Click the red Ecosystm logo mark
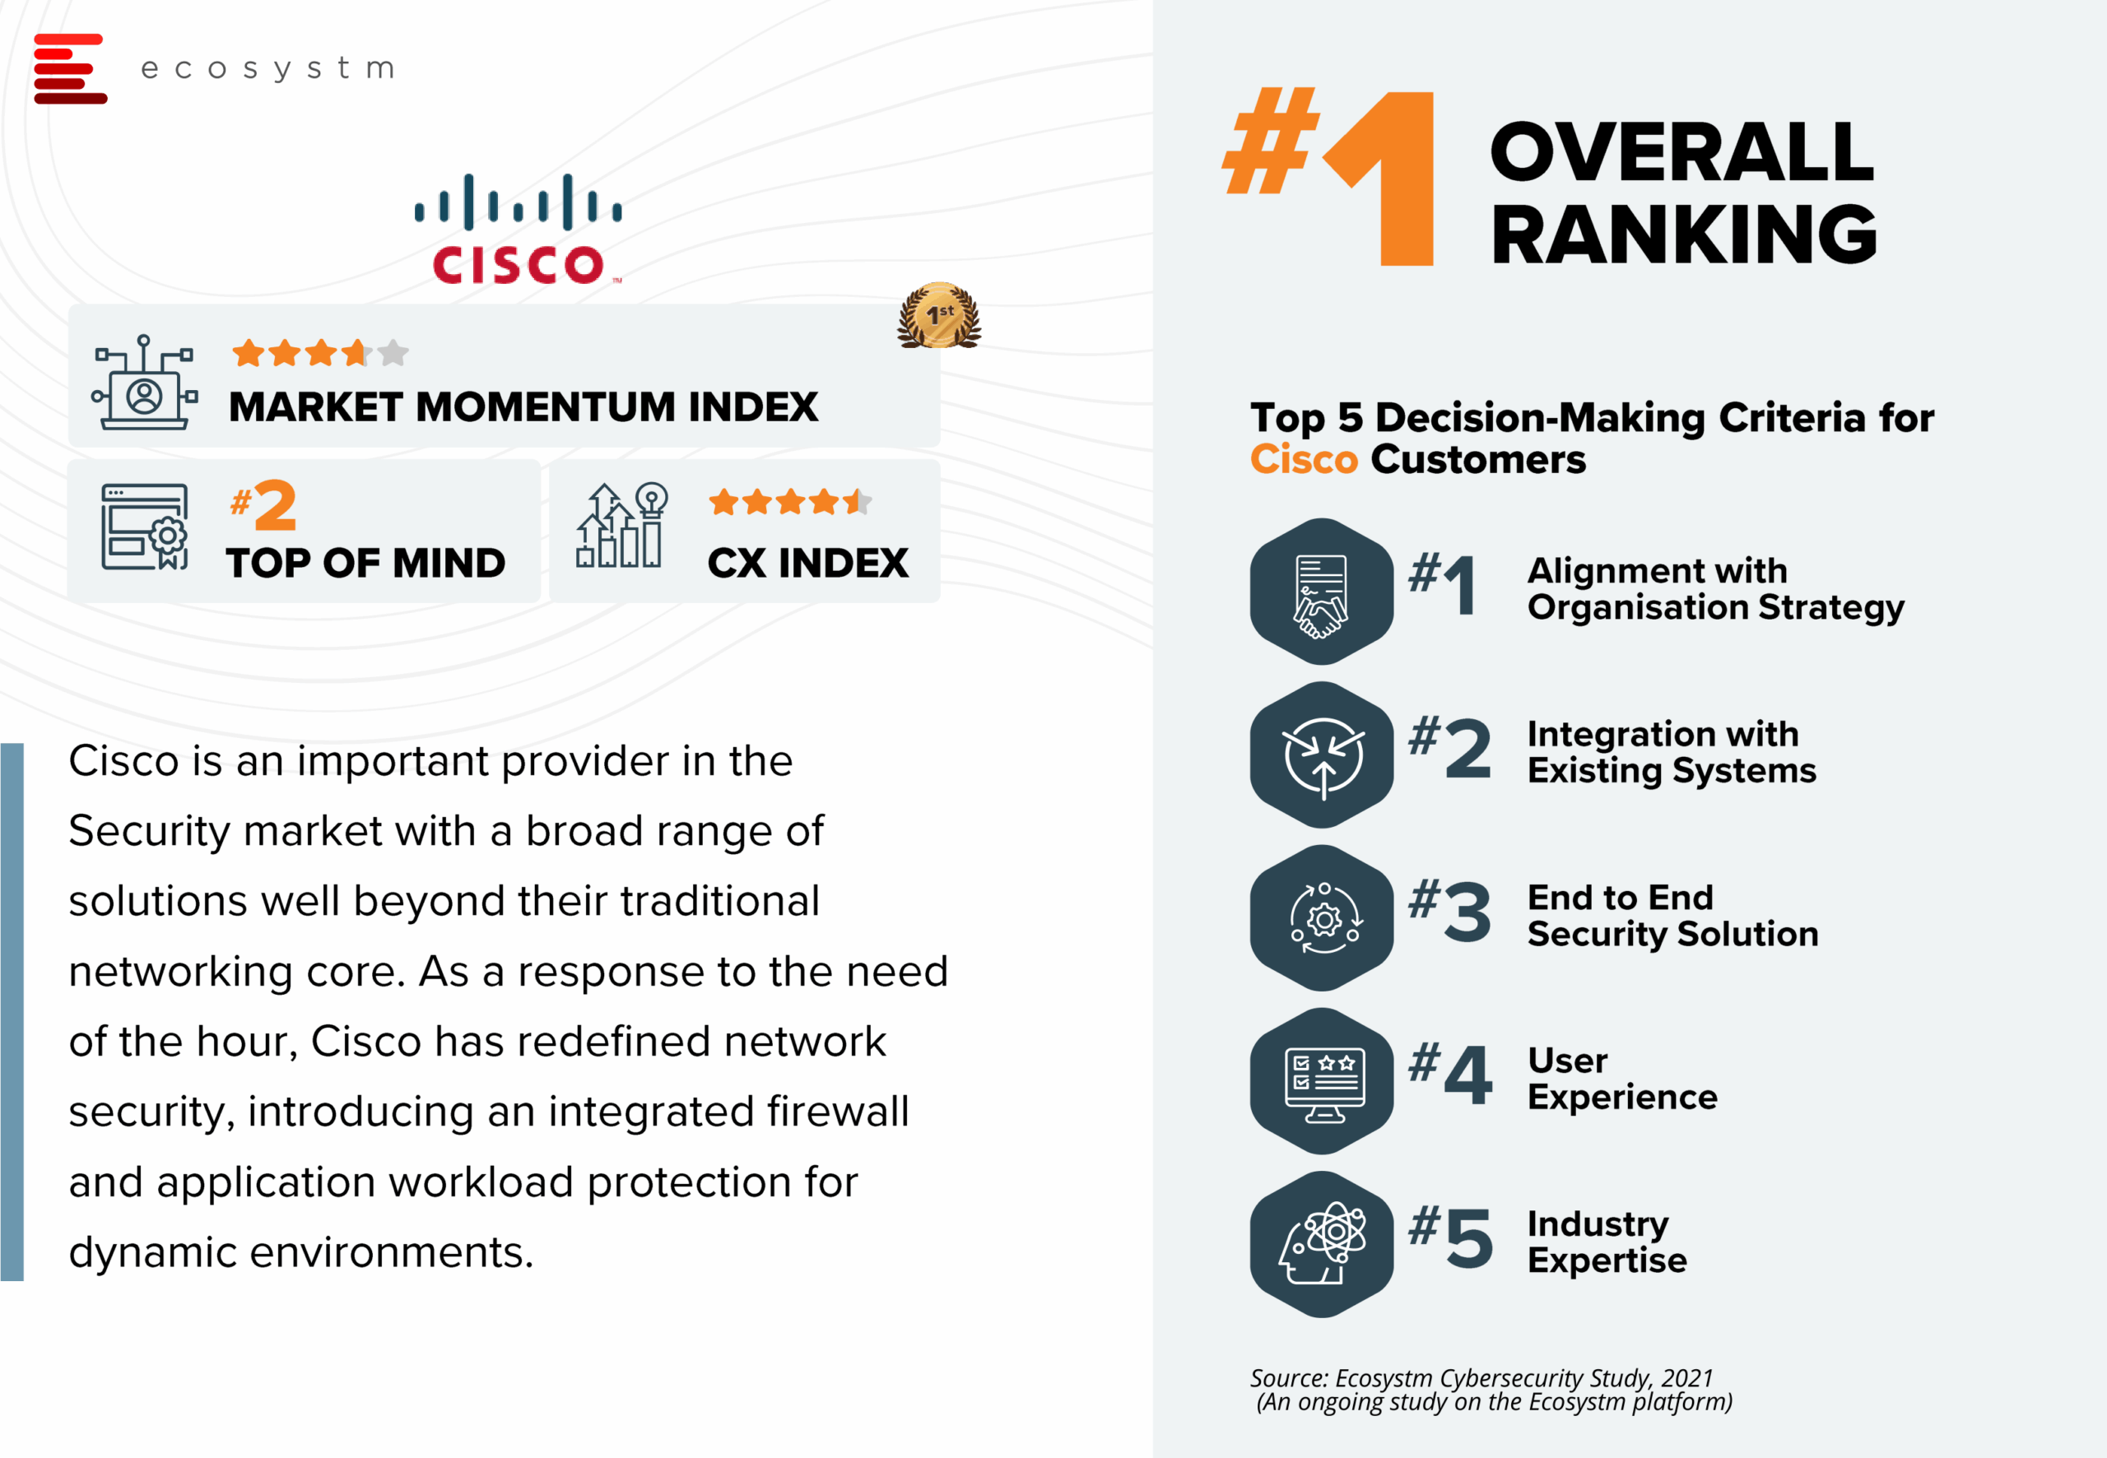pos(69,68)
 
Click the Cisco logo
pos(518,229)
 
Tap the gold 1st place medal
pos(939,315)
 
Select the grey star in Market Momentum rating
pos(393,353)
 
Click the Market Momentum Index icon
pos(144,382)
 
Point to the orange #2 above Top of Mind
pos(263,505)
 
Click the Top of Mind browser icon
pos(144,527)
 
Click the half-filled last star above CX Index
pos(858,502)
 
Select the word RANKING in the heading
pos(1683,234)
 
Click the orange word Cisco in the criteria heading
pos(1304,458)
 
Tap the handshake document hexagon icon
pos(1321,591)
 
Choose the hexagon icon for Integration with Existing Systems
pos(1321,755)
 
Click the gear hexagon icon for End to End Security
pos(1321,918)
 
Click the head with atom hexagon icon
pos(1321,1244)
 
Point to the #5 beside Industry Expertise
pos(1451,1237)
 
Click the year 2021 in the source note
pos(1686,1377)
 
